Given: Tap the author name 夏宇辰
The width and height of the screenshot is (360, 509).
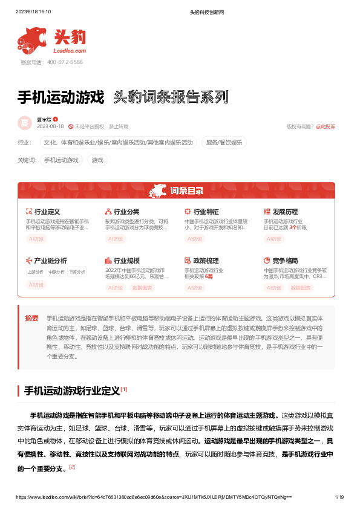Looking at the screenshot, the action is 44,119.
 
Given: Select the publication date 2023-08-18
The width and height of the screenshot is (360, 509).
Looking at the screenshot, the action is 50,126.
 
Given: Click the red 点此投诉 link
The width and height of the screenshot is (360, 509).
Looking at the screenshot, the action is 326,126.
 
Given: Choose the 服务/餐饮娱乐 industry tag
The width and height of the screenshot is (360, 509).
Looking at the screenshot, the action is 224,143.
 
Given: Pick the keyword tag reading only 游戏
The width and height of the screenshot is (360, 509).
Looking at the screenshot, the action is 97,160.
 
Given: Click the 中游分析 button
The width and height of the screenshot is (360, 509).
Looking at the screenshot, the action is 56,271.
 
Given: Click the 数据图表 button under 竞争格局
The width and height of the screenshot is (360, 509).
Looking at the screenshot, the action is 300,288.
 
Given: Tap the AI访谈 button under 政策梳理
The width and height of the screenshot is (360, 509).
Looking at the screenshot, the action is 195,288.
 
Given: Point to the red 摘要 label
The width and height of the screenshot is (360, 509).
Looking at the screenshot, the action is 31,318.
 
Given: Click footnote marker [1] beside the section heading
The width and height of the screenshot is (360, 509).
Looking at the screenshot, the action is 124,389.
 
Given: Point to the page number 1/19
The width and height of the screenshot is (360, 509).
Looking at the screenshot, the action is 339,497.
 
